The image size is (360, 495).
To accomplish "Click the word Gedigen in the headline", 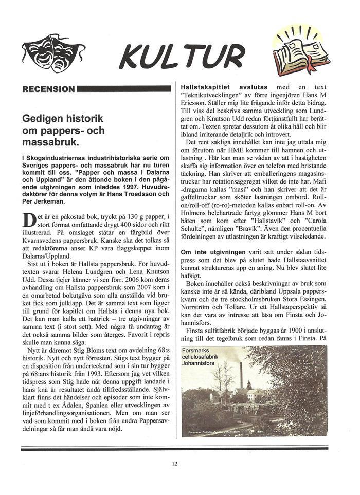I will [44, 119].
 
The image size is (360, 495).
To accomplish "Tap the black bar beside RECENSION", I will [124, 89].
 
